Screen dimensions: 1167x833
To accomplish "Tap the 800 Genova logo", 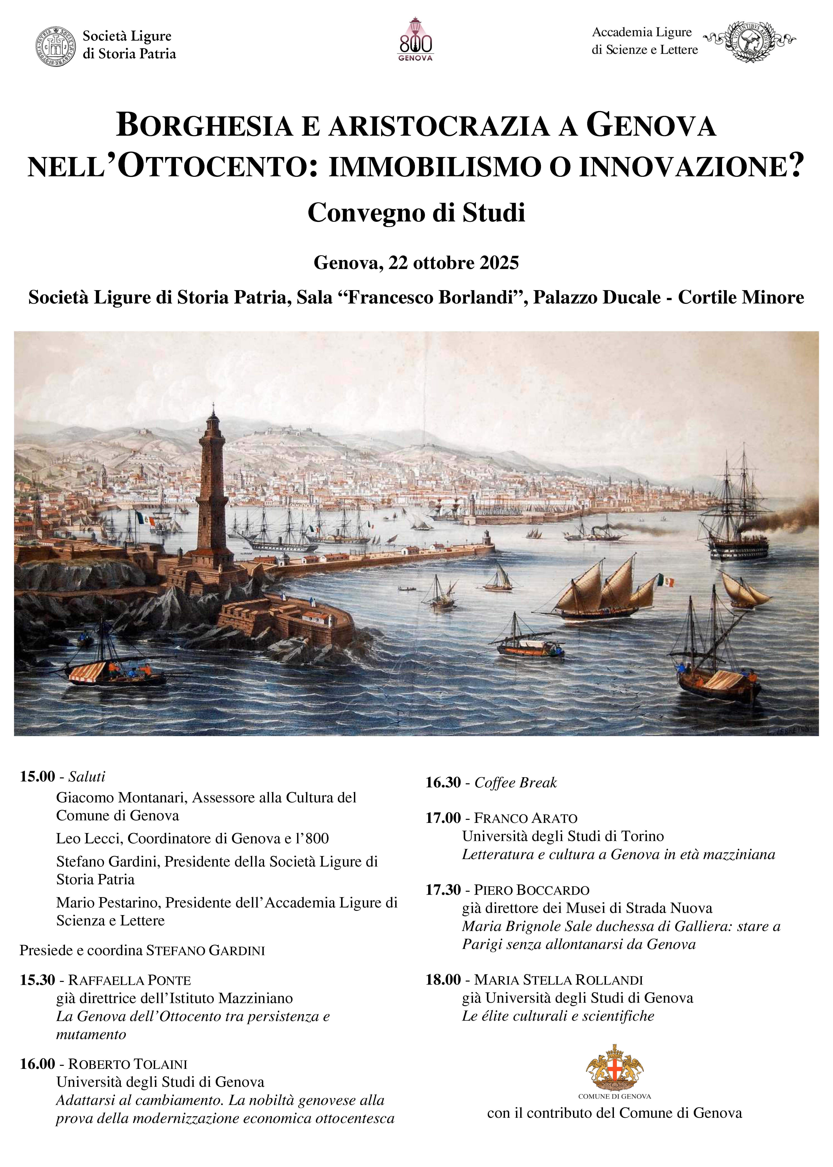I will (x=415, y=40).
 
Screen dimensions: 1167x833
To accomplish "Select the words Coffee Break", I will (x=515, y=782).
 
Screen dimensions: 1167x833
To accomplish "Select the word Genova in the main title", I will (x=651, y=126).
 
